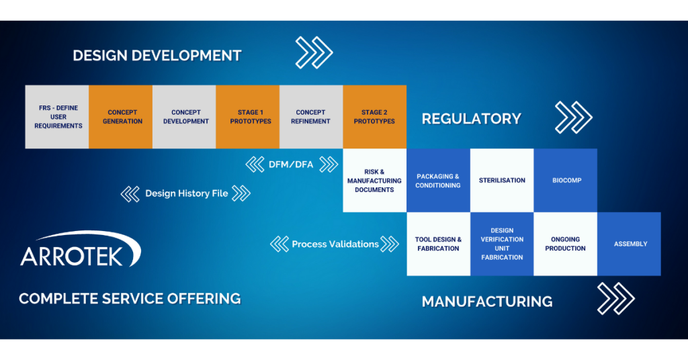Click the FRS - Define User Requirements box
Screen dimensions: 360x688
click(57, 117)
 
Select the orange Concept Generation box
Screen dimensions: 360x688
click(121, 117)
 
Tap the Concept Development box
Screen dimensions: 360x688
click(184, 117)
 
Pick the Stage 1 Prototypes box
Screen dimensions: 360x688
click(247, 117)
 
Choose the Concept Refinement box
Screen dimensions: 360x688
click(311, 117)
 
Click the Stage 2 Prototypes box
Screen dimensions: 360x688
click(374, 117)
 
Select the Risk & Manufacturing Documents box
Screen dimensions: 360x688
click(374, 180)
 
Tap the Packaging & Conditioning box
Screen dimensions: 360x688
click(438, 180)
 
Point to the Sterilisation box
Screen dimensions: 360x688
click(501, 180)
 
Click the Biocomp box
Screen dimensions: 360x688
click(565, 180)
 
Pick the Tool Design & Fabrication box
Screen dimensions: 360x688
click(438, 244)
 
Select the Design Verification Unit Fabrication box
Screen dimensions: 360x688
click(501, 244)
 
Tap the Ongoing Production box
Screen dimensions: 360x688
click(565, 244)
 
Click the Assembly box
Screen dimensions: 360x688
click(629, 244)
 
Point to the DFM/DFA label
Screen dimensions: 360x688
click(291, 165)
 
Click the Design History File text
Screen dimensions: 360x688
click(186, 193)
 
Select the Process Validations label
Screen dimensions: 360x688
click(335, 244)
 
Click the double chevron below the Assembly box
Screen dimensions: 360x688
click(615, 299)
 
